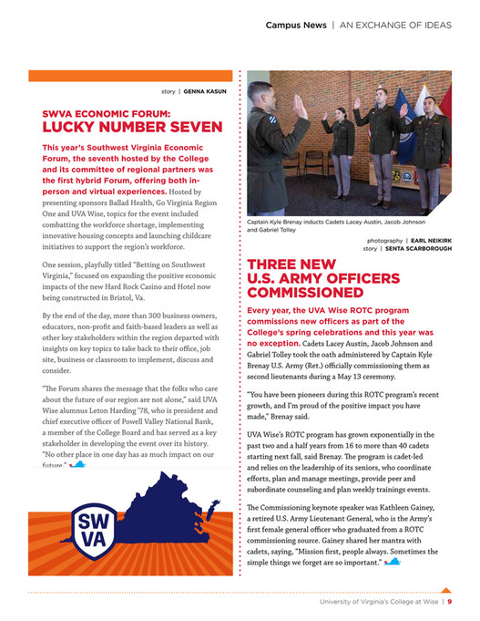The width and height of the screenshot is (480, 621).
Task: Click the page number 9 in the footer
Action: (x=450, y=601)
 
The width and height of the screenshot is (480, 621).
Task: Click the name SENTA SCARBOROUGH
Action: (x=417, y=248)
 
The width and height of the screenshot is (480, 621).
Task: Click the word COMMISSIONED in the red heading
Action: (x=305, y=293)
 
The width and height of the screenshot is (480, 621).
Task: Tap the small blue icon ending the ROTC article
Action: (x=393, y=561)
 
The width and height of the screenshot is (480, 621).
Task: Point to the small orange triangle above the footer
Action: (x=445, y=590)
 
